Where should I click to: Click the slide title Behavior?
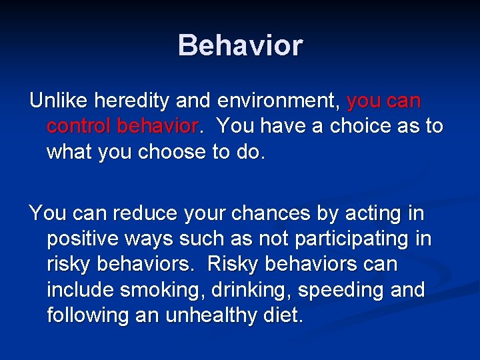240,45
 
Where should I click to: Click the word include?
81,290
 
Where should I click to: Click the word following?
89,315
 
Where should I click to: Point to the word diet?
285,315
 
